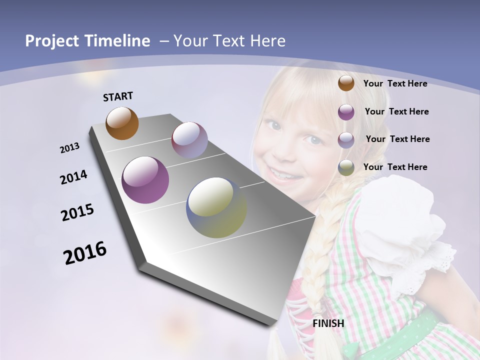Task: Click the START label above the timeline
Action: (118, 96)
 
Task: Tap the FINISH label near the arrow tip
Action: (328, 323)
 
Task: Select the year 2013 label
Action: (69, 148)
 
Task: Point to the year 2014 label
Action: (73, 177)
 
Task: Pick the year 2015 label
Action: (77, 212)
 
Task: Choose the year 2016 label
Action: (85, 253)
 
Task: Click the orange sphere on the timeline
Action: (122, 123)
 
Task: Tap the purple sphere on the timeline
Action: (145, 180)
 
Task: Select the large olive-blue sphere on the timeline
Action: (216, 207)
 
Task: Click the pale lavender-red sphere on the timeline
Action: (189, 140)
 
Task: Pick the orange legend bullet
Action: (346, 83)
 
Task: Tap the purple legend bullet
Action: (346, 112)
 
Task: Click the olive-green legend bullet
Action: (346, 167)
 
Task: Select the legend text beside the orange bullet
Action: (395, 83)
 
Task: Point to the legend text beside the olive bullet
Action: (395, 167)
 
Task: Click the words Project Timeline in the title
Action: (87, 41)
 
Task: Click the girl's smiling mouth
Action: (282, 173)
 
